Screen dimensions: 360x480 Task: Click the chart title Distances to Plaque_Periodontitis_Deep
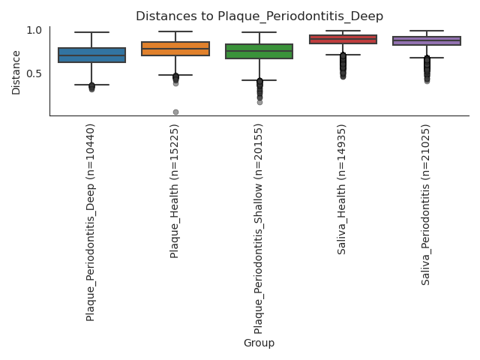click(259, 16)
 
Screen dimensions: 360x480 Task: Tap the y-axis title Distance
click(16, 72)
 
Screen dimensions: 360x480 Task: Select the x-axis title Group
click(259, 343)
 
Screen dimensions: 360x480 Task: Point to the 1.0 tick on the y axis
click(34, 31)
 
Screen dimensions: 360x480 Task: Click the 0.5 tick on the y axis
click(34, 73)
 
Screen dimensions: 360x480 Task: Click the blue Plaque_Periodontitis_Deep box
click(91, 55)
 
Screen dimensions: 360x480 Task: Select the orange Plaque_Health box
click(175, 49)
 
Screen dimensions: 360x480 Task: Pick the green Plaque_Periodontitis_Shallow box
click(259, 51)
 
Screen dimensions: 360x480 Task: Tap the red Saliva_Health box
click(343, 39)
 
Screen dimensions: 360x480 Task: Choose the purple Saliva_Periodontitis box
click(427, 40)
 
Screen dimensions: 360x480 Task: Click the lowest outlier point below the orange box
click(175, 112)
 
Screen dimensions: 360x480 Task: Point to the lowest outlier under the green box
click(259, 102)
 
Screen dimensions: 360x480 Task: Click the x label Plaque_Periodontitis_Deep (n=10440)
click(91, 222)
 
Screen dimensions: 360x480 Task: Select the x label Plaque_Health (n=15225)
click(175, 190)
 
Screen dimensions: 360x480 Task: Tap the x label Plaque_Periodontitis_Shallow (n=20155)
click(259, 228)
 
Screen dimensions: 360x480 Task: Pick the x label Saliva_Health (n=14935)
click(342, 189)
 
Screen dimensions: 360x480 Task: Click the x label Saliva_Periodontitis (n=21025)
click(426, 204)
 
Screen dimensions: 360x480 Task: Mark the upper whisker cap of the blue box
click(91, 32)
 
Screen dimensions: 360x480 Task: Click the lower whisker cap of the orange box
click(175, 75)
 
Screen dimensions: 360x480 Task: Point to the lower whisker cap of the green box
click(259, 80)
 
